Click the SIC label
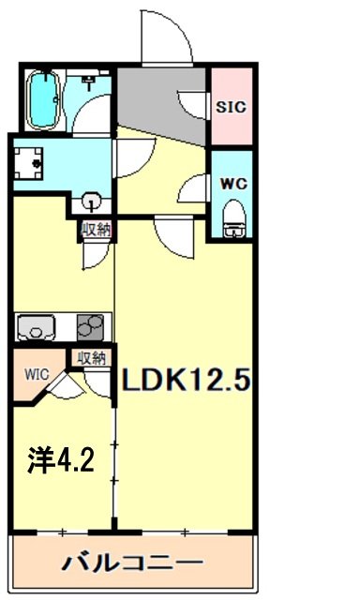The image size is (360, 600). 231,107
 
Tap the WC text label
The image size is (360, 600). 232,183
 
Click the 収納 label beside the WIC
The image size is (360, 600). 92,356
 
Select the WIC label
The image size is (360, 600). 35,372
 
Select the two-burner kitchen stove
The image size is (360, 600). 91,327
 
